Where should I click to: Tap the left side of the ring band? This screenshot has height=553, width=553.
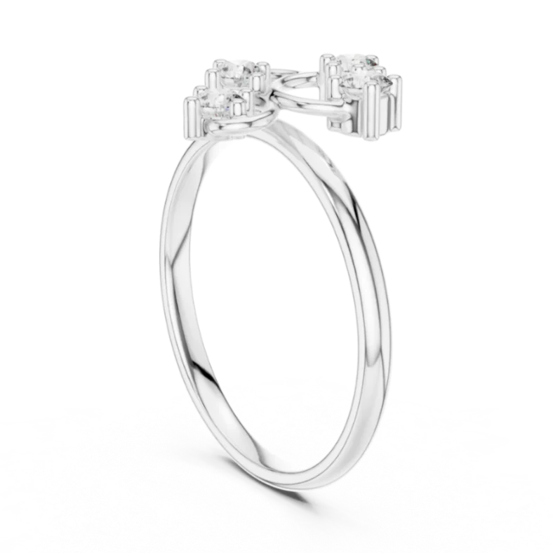pos(172,281)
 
